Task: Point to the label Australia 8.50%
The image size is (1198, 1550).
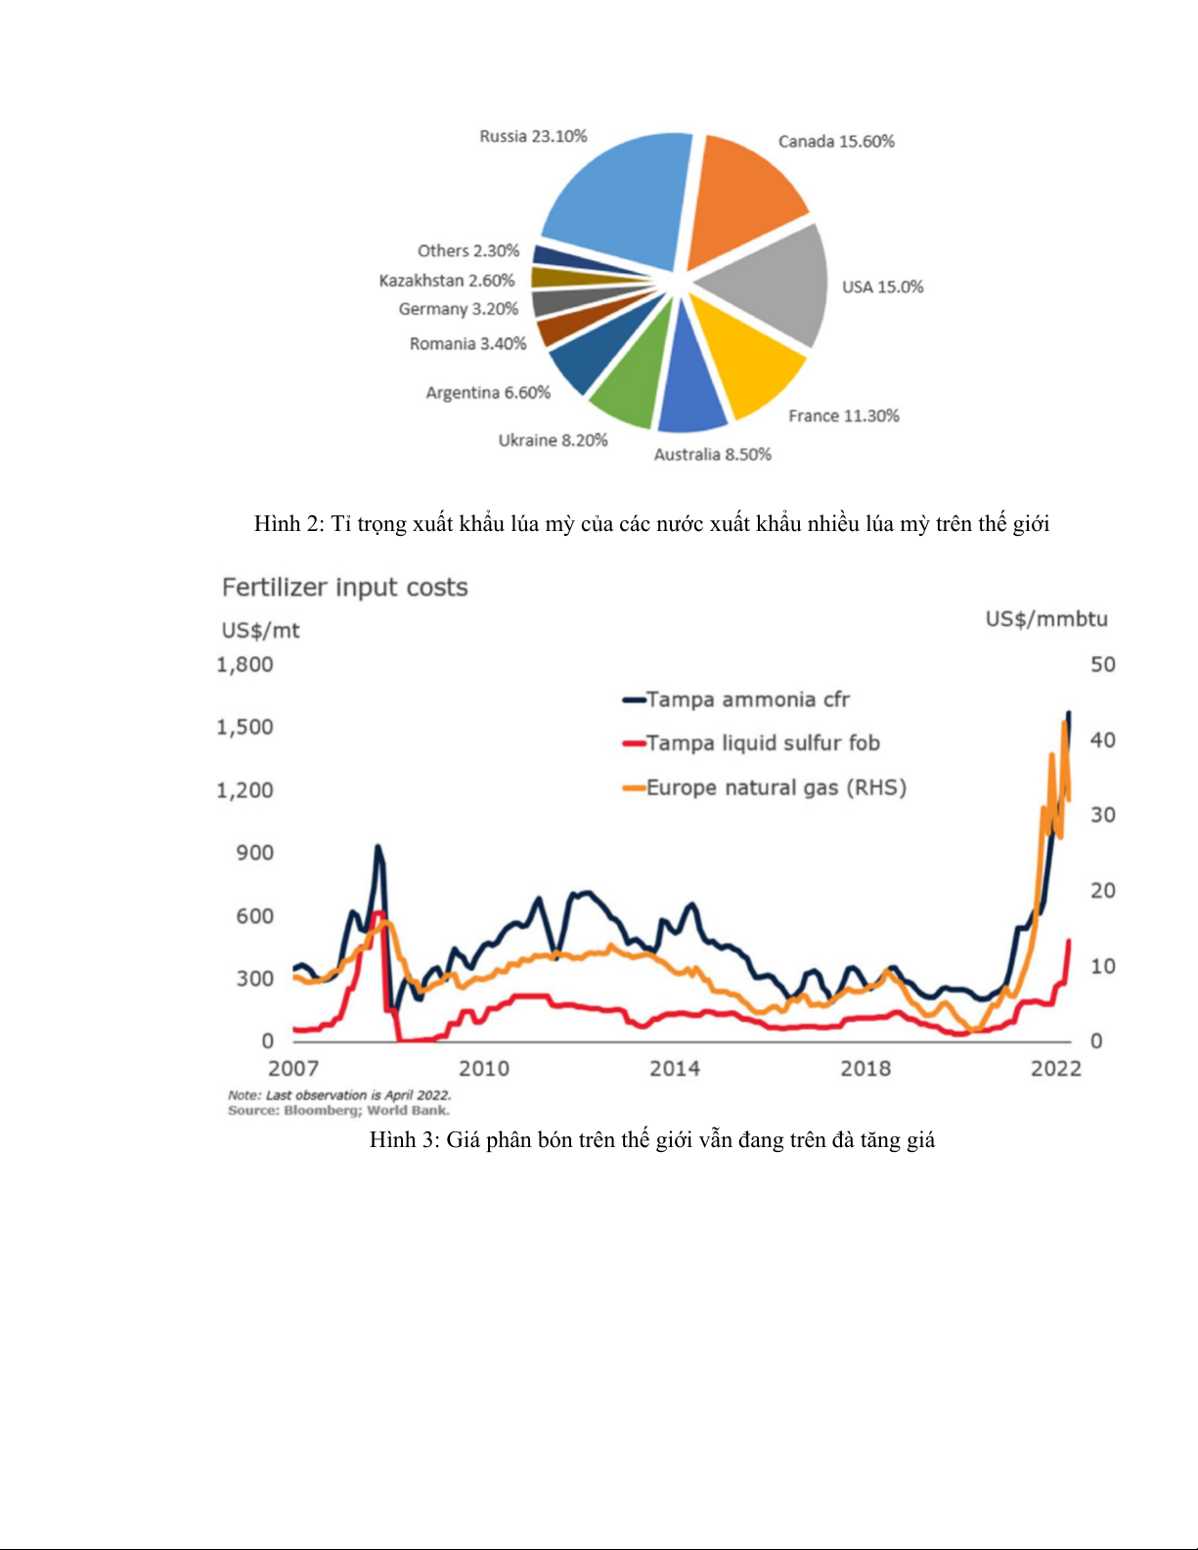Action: pyautogui.click(x=712, y=455)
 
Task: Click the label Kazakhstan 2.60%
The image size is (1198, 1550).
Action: pyautogui.click(x=447, y=281)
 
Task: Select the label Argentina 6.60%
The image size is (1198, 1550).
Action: pyautogui.click(x=488, y=393)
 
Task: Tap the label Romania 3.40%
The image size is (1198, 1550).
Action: pyautogui.click(x=467, y=344)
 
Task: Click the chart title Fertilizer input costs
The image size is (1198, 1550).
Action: pyautogui.click(x=344, y=588)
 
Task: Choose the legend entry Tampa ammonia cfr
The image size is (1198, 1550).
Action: pyautogui.click(x=747, y=700)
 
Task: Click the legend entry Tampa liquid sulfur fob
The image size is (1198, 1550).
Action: pyautogui.click(x=763, y=743)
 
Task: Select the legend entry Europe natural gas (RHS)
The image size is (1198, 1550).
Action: pyautogui.click(x=776, y=788)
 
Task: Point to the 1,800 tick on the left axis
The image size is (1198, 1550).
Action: pyautogui.click(x=244, y=665)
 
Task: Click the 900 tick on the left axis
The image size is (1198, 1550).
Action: pyautogui.click(x=254, y=853)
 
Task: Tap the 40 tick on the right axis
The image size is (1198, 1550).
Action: pyautogui.click(x=1102, y=740)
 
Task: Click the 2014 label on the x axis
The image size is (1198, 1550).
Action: pyautogui.click(x=675, y=1069)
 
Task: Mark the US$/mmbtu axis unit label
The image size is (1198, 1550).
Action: pyautogui.click(x=1046, y=619)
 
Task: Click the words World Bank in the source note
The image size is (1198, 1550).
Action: pyautogui.click(x=408, y=1111)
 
